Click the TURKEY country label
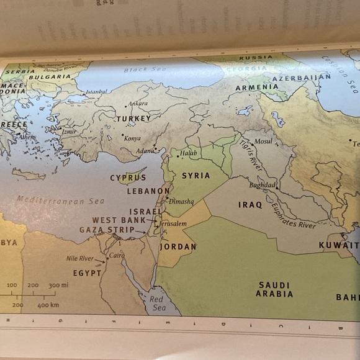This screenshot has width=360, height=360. tap(133, 118)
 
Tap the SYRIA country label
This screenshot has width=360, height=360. tap(196, 176)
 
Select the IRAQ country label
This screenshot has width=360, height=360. tap(250, 204)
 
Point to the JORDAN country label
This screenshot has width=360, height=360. tap(178, 246)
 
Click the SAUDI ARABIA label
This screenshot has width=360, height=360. tap(274, 289)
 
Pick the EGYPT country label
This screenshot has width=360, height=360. tap(87, 272)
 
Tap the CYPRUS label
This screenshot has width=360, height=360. tap(128, 178)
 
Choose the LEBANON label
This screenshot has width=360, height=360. tap(148, 191)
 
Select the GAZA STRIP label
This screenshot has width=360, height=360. tap(107, 230)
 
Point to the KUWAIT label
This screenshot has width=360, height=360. tap(338, 245)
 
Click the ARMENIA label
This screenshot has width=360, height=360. tap(256, 88)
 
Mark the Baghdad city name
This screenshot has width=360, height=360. tap(262, 185)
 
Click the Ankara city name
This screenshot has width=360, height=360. tap(138, 104)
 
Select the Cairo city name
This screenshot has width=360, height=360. tap(117, 255)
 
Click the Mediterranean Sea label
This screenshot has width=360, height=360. tap(60, 200)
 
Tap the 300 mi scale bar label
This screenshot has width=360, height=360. tap(58, 285)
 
